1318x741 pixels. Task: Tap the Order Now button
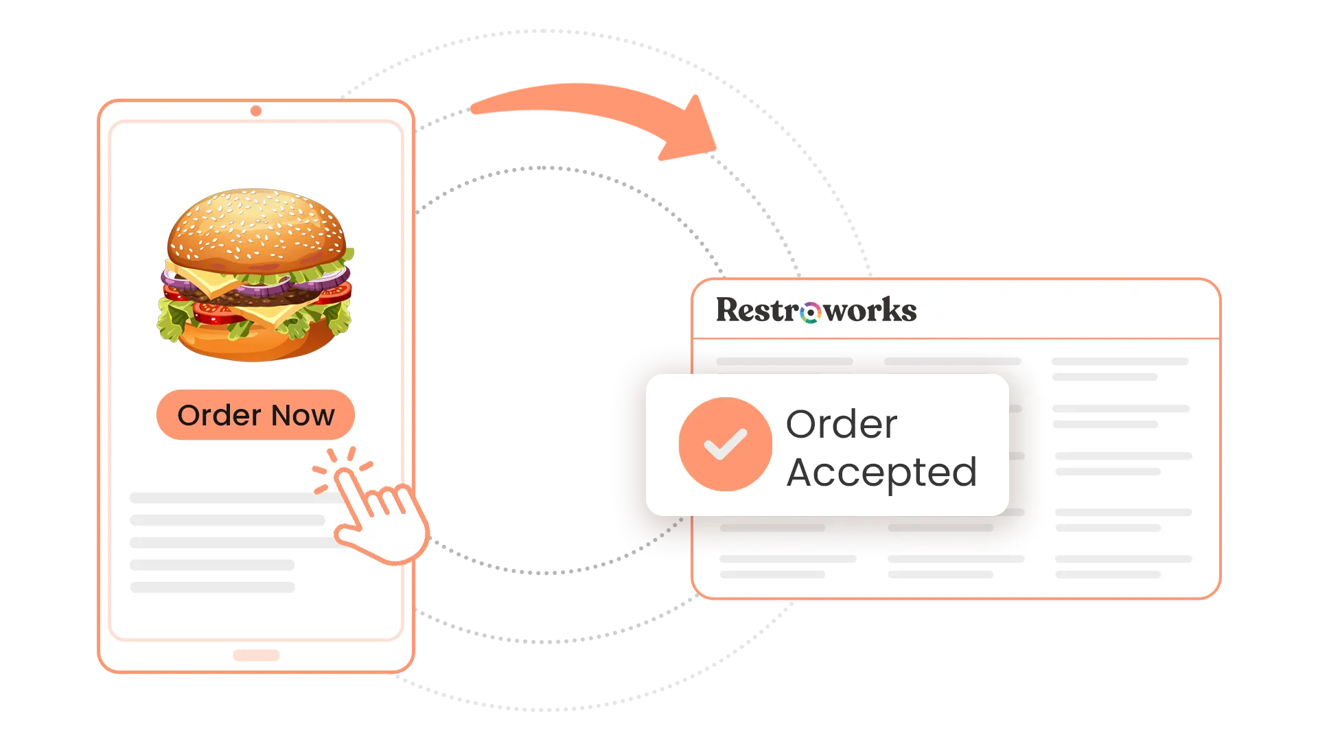255,415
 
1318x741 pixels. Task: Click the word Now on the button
303,416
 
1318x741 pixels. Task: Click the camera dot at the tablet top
256,111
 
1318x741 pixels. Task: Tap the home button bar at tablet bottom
256,655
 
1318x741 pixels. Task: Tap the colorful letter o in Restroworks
811,313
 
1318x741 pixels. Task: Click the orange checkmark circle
725,444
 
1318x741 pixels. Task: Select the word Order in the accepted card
842,425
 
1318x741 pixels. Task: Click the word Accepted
881,473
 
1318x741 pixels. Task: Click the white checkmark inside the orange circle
725,444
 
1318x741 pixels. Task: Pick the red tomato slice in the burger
216,314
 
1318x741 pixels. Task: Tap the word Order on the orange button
219,416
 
